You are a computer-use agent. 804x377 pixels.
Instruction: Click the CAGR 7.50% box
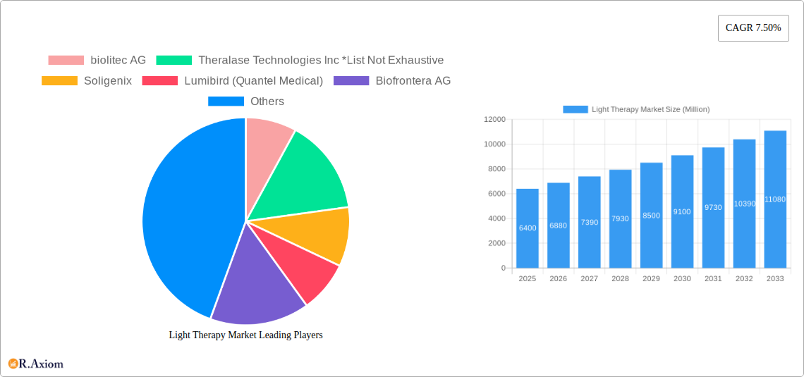point(753,27)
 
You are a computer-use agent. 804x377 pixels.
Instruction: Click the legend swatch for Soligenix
point(59,81)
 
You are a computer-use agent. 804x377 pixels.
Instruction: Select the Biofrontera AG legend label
point(413,81)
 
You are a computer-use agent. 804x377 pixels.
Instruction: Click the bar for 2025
point(527,228)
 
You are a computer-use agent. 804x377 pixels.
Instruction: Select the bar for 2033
point(775,199)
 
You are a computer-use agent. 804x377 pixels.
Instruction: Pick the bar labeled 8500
point(651,215)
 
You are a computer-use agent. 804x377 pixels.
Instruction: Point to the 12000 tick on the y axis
point(494,120)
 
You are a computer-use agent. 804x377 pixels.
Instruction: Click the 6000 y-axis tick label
point(497,194)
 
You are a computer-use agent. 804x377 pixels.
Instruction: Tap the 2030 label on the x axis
point(682,279)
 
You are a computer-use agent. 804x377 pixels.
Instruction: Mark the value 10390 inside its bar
point(744,204)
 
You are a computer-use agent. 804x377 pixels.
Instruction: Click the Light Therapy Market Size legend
point(636,109)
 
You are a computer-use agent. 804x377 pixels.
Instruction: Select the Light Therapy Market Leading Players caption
point(245,335)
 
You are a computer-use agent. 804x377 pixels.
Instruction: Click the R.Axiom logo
point(36,364)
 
